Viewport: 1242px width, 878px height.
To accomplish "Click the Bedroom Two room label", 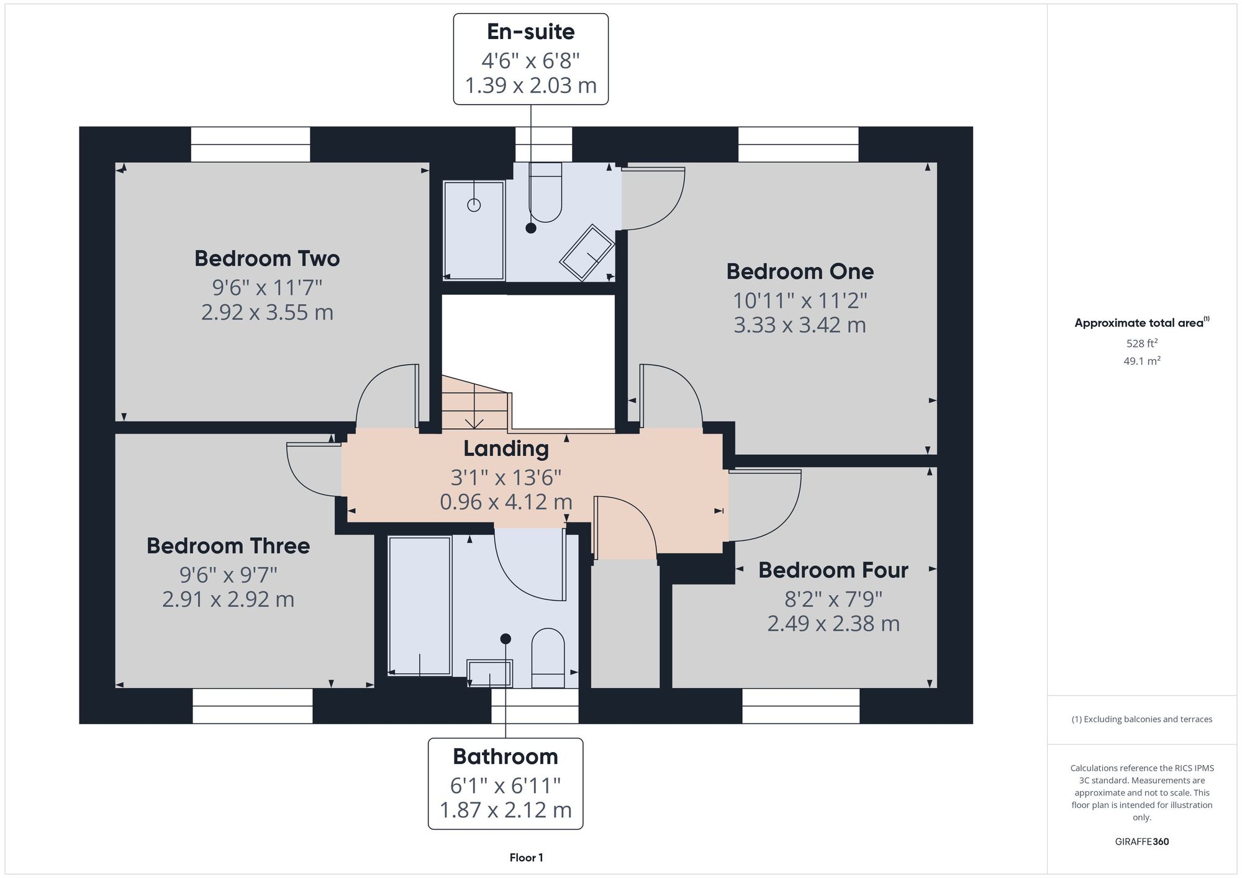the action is [267, 258].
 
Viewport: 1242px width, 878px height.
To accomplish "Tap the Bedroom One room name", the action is [800, 271].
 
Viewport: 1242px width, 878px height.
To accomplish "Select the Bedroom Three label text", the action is [228, 545].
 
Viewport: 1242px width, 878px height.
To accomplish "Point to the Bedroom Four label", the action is [833, 570].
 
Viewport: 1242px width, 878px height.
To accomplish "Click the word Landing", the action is [506, 449].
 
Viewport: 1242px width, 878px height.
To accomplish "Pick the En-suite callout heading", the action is [531, 32].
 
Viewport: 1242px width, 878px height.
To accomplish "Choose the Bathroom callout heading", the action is [505, 756].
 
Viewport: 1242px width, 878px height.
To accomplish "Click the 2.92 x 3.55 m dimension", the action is [267, 311].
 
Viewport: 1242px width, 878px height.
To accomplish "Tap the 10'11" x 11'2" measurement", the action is [800, 300].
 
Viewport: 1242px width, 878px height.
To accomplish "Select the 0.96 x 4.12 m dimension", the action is [506, 501].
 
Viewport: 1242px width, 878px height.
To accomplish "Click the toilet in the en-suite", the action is [545, 192].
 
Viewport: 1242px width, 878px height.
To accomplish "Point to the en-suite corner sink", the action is [587, 253].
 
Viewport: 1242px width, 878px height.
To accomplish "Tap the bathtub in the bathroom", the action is [420, 606].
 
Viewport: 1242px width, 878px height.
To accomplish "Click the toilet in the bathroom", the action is [548, 658].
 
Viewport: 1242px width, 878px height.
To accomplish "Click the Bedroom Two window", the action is [250, 145].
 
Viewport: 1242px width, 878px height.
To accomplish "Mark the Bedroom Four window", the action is [801, 706].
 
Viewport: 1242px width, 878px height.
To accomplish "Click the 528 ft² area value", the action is [1142, 343].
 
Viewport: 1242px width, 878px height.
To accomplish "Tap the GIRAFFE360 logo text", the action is [1142, 842].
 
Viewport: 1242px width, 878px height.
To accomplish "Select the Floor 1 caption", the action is [527, 858].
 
